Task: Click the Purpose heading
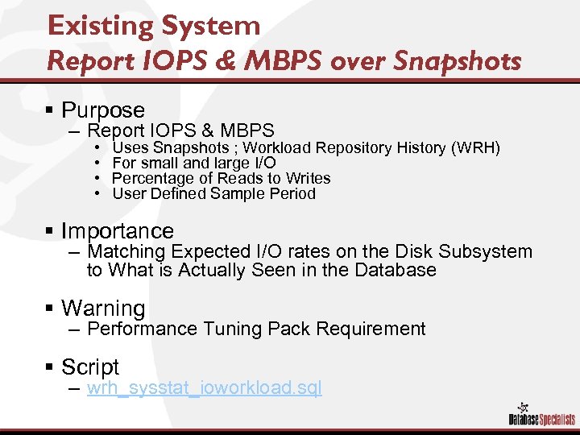click(103, 110)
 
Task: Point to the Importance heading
click(118, 232)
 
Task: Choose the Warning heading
click(103, 309)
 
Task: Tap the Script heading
click(90, 367)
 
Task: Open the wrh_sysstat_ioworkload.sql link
click(204, 388)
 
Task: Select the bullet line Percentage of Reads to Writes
click(222, 178)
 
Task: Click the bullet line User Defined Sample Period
click(213, 193)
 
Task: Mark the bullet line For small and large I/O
click(194, 163)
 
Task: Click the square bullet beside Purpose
click(51, 110)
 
